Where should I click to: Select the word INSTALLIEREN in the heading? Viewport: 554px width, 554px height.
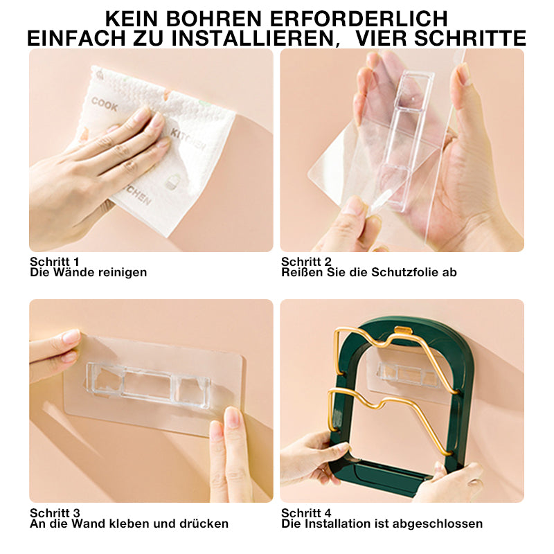pos(253,38)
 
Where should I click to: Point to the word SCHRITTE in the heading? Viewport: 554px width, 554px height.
pos(470,38)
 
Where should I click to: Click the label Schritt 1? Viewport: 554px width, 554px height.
pos(55,262)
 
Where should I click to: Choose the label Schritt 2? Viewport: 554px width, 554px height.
pos(306,262)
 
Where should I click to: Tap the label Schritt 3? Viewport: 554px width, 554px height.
pos(55,513)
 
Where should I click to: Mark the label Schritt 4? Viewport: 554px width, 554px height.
pos(306,513)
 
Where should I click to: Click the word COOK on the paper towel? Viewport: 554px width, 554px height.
pos(105,104)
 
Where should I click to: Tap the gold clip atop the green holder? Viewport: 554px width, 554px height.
pos(404,330)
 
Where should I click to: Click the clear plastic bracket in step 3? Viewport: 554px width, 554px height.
pos(148,385)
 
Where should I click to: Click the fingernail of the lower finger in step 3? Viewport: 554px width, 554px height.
pos(232,418)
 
